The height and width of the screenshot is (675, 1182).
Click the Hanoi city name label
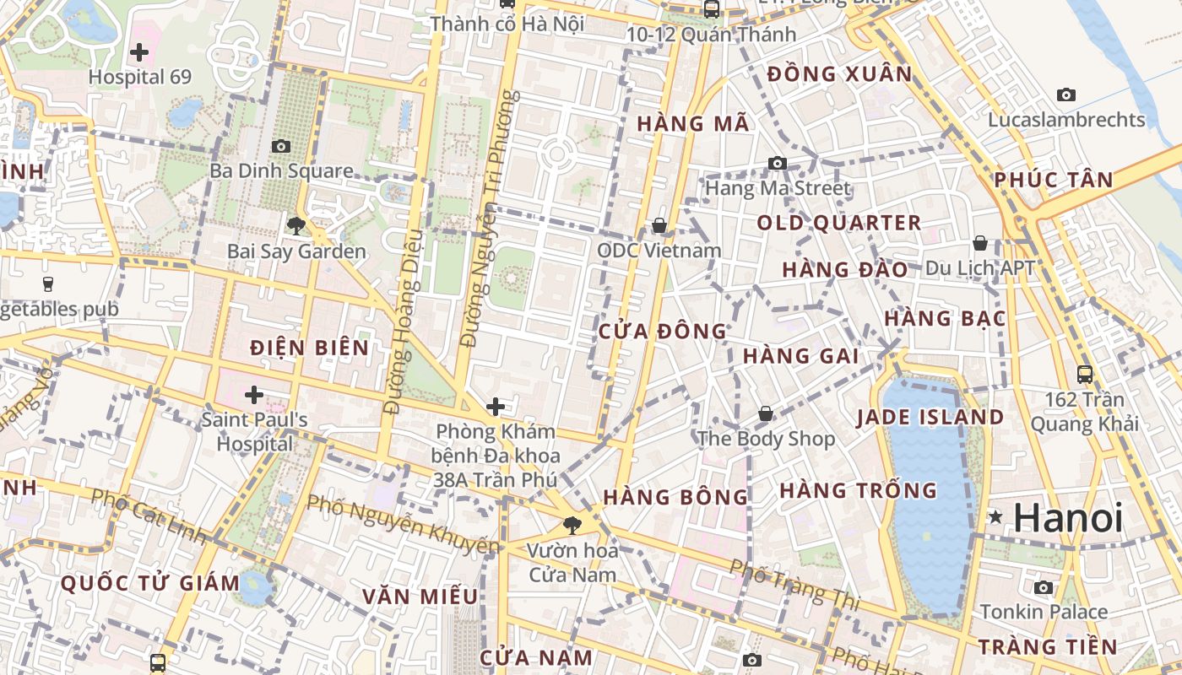pos(1068,517)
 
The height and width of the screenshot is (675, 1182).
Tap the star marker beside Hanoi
pos(996,516)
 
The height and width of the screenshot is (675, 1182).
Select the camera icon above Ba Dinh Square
pos(281,146)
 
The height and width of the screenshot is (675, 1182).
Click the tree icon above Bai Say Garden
pos(295,225)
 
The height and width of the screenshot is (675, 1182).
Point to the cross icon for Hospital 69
pos(139,52)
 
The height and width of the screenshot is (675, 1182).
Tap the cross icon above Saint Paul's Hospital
pos(253,394)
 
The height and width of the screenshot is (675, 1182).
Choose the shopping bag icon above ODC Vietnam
pos(659,225)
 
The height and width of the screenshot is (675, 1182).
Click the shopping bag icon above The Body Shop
pos(765,413)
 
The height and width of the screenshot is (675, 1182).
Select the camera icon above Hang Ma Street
pos(778,163)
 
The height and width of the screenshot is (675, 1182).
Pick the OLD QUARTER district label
pos(838,223)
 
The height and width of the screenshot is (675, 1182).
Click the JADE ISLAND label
pos(930,417)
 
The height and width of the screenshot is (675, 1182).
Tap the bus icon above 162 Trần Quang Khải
pos(1085,374)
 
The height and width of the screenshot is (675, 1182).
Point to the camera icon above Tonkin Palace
pos(1044,587)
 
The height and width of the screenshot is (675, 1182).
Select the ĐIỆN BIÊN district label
pos(310,348)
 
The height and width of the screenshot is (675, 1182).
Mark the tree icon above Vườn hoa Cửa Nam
pos(572,526)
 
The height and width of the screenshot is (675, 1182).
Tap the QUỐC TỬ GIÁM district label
pos(151,583)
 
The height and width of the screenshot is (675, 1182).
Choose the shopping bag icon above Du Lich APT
pos(979,243)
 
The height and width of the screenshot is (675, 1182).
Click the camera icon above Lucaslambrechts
pos(1066,94)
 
